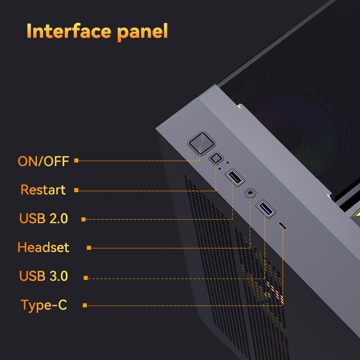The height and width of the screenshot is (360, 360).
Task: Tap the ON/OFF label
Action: tap(43, 161)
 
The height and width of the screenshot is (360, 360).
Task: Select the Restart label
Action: tap(43, 189)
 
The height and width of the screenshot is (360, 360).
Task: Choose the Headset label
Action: tap(43, 247)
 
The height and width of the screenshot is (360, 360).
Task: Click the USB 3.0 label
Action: tap(43, 276)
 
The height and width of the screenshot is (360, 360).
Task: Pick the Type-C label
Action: tap(44, 305)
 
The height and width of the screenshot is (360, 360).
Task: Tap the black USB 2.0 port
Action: tap(234, 176)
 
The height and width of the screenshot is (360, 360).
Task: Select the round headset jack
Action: tap(250, 193)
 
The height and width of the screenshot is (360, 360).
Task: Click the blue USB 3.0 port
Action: tap(265, 209)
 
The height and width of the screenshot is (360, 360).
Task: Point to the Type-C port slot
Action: tap(283, 225)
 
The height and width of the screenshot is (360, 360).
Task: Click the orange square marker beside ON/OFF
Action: tap(76, 160)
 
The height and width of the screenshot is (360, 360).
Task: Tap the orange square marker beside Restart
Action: tap(76, 190)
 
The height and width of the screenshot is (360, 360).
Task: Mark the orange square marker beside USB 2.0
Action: tap(84, 219)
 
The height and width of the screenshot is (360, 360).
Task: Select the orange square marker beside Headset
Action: tap(89, 247)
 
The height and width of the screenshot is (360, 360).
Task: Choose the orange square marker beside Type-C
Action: tap(85, 306)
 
